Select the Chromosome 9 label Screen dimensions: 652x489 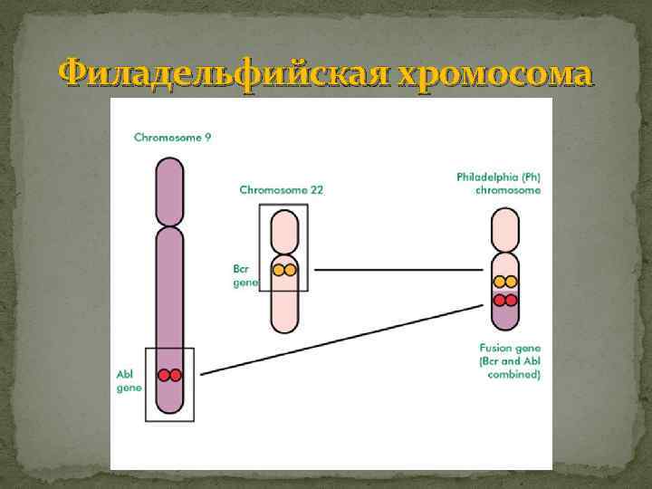click(x=173, y=138)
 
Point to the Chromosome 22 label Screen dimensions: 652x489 click(x=282, y=190)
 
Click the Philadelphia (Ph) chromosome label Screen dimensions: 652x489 click(x=498, y=184)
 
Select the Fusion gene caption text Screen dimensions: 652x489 click(x=510, y=360)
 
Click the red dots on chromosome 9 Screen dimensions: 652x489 click(x=169, y=375)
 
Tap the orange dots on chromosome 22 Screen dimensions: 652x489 click(x=284, y=270)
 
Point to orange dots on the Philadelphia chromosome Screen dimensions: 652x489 click(x=505, y=282)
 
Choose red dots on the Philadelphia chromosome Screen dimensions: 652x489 click(x=505, y=300)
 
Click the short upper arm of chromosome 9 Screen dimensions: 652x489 click(x=169, y=191)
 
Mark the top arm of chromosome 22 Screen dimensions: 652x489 click(x=284, y=230)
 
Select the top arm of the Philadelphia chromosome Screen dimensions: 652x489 click(x=505, y=232)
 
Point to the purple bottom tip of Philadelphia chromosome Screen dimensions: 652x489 click(x=505, y=319)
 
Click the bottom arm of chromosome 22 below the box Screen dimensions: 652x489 click(x=284, y=312)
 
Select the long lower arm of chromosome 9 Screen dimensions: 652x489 click(x=169, y=290)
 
